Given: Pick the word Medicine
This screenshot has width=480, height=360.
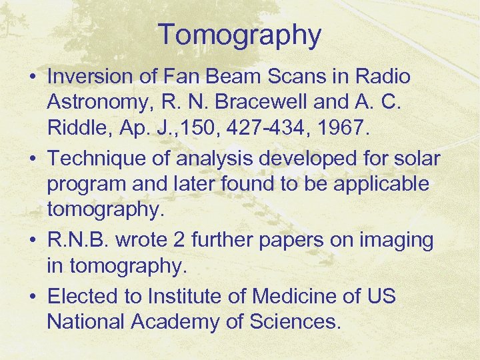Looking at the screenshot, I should (293, 296).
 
